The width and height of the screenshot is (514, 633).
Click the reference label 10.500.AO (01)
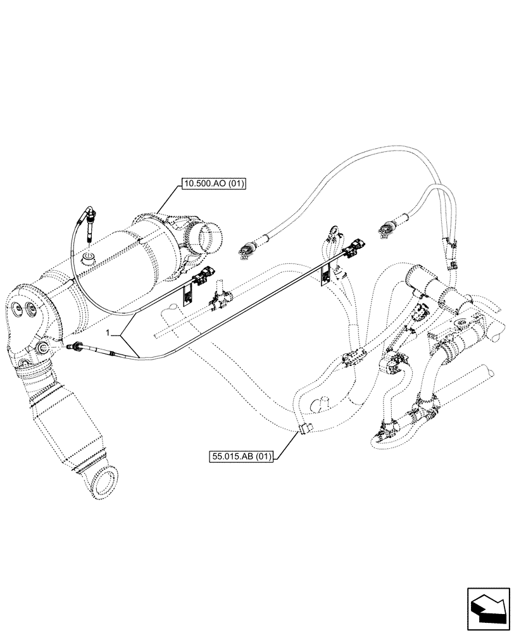point(213,185)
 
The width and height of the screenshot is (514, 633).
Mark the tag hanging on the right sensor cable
point(325,273)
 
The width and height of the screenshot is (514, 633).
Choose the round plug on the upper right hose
point(386,229)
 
